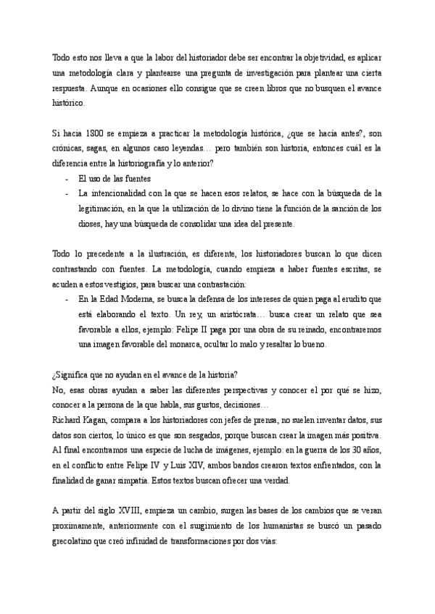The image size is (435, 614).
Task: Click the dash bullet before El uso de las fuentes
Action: coord(67,178)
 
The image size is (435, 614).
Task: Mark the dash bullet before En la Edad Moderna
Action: coord(67,300)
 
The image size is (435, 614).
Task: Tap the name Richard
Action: coord(68,420)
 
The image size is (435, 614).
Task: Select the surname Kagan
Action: coord(101,420)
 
